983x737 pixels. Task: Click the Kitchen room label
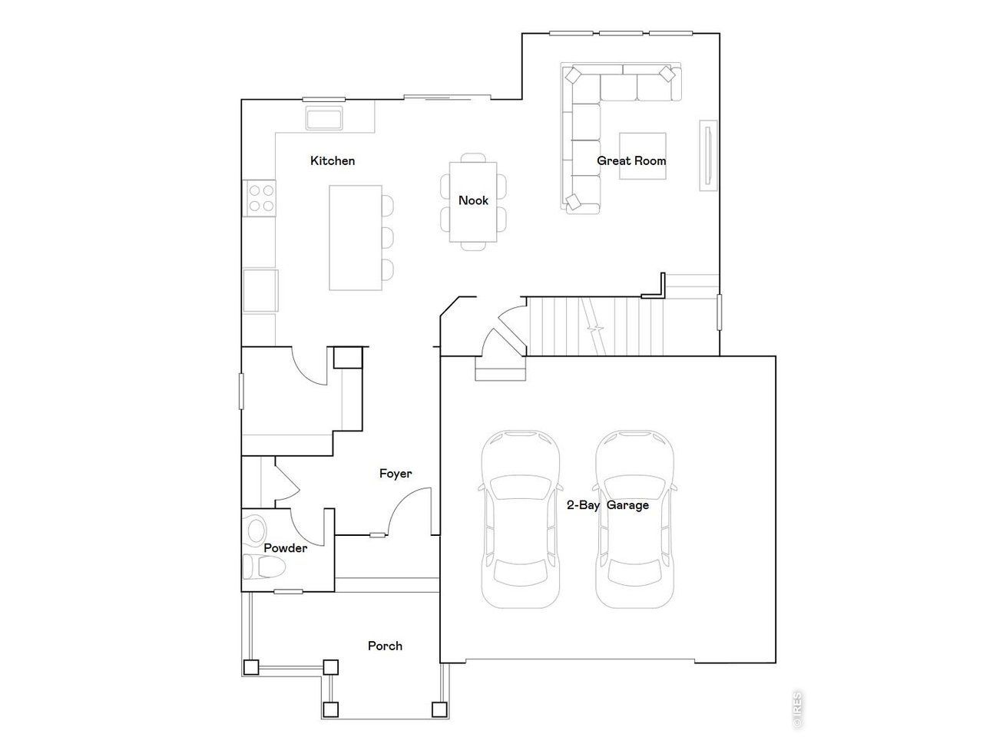(333, 161)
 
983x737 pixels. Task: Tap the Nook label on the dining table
(473, 200)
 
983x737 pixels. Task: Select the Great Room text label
(631, 161)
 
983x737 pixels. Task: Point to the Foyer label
(396, 474)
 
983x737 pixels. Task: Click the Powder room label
(286, 548)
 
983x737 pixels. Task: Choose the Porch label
(385, 646)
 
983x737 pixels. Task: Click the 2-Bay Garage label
(607, 505)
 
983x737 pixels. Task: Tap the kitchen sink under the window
(325, 119)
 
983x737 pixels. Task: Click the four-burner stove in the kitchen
(260, 197)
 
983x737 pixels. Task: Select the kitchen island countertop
(356, 237)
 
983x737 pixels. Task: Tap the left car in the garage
(520, 519)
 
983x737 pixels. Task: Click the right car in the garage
(635, 519)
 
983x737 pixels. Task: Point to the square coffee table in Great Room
(643, 156)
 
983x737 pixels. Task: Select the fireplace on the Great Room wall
(708, 154)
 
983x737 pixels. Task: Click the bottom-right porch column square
(439, 709)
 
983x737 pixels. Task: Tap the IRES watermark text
(798, 709)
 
